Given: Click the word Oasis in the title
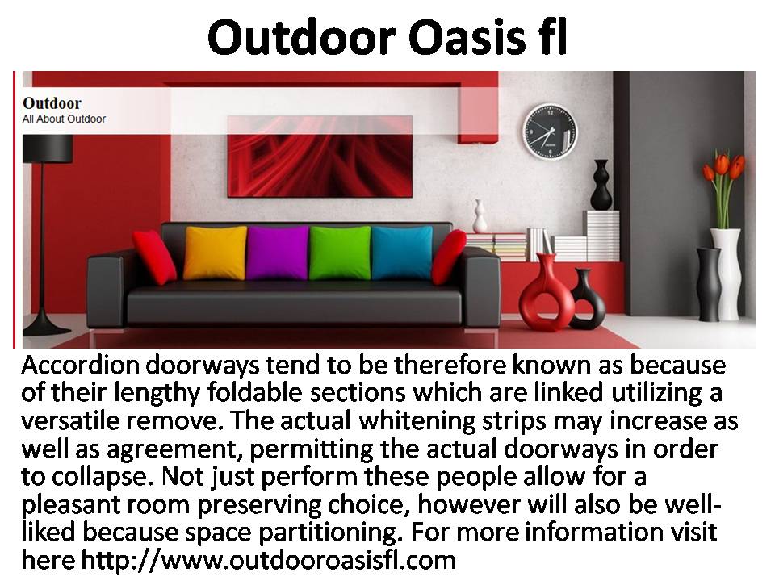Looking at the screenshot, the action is [467, 38].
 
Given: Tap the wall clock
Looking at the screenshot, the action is [550, 132].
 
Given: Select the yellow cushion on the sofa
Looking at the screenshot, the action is [215, 253].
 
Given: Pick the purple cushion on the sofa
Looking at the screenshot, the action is [278, 253].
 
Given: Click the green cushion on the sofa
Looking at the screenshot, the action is [340, 253].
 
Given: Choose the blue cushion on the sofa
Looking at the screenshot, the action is [402, 253].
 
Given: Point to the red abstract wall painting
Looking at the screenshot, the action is [320, 157].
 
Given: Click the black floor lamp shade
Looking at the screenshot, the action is [48, 148].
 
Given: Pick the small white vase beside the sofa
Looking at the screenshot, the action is [480, 216].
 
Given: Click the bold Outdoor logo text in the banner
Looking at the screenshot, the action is [52, 103].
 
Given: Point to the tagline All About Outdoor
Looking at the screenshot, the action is [64, 119].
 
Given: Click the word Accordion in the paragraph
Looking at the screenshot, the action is [81, 366].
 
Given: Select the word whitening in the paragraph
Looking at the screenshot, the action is [417, 421].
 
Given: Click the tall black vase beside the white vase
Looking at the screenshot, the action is [710, 284].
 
